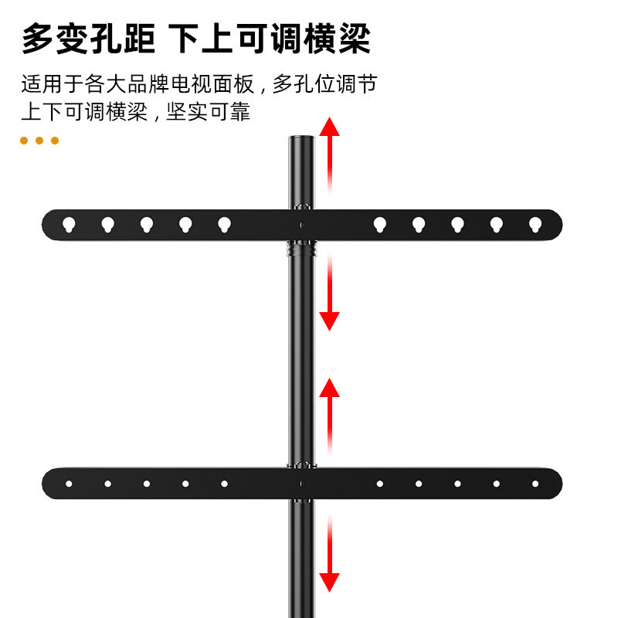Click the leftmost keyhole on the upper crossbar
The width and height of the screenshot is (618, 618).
click(69, 225)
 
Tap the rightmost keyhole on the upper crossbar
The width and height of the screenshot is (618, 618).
click(535, 225)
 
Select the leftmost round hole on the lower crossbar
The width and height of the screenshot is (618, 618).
click(69, 484)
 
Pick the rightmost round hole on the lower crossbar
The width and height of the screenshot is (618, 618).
click(535, 484)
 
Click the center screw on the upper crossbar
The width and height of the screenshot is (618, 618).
click(302, 225)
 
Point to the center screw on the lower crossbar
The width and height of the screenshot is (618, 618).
click(302, 484)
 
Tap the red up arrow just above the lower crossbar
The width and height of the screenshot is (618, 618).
click(330, 413)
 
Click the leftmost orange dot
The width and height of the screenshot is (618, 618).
click(24, 141)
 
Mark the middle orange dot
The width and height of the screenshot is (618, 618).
click(39, 141)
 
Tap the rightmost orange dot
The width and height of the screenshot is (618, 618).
click(55, 141)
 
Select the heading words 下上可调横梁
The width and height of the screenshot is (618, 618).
click(270, 39)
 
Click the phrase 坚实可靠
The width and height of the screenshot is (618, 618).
click(209, 111)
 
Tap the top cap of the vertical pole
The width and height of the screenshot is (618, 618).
click(302, 140)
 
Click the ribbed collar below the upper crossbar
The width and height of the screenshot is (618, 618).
click(302, 250)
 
